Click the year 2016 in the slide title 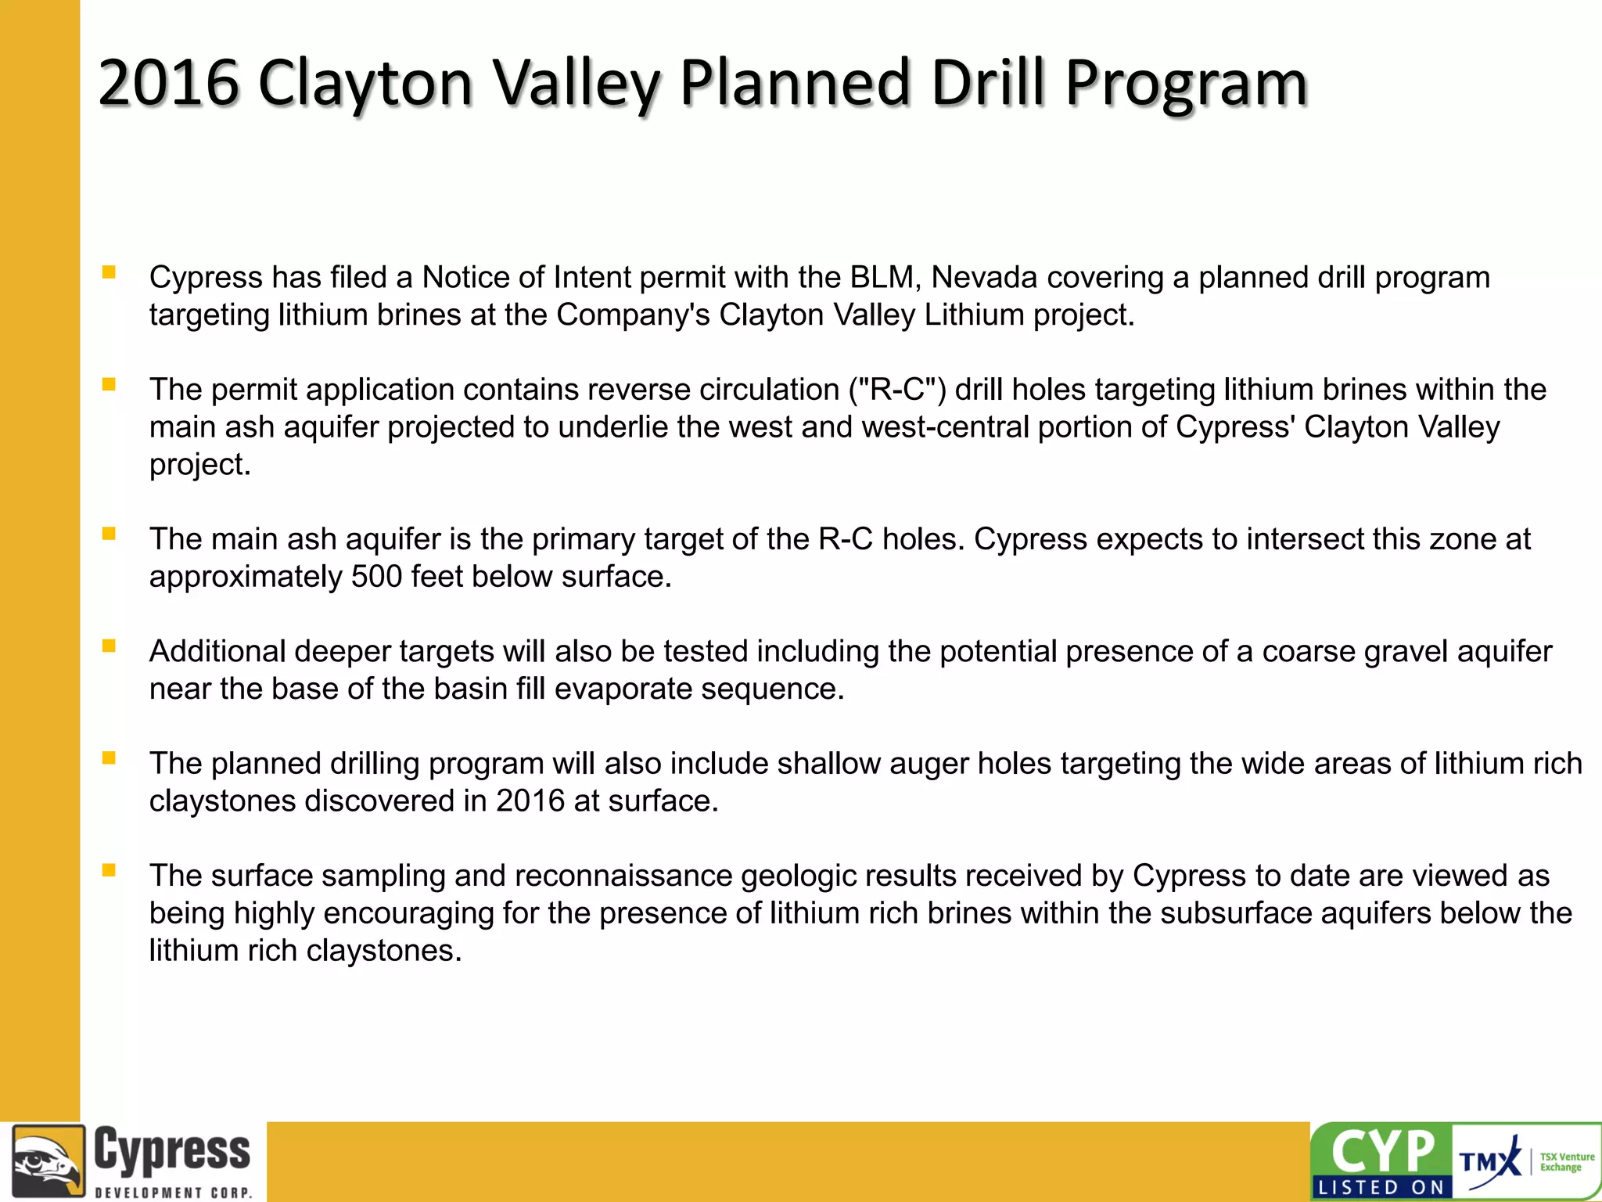pos(168,82)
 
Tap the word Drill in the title pos(988,82)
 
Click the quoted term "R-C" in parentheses pos(898,390)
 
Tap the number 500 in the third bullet pos(376,577)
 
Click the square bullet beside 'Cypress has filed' pos(109,272)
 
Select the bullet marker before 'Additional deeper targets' pos(109,646)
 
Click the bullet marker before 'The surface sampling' pos(109,870)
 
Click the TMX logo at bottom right pos(1489,1161)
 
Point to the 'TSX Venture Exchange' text pos(1566,1162)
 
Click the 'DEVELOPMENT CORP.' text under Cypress pos(173,1193)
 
